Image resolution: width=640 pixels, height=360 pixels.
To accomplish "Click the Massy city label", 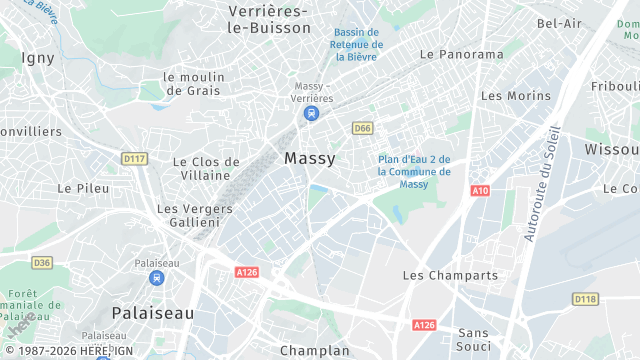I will point(310,158).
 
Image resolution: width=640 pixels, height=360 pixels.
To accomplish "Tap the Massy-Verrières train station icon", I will point(312,113).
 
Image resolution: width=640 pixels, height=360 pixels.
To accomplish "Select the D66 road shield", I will point(362,128).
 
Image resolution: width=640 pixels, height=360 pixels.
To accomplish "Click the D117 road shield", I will point(133,158).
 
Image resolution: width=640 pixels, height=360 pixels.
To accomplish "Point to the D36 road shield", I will point(41,263).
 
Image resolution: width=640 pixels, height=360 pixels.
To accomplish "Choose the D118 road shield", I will point(585,299).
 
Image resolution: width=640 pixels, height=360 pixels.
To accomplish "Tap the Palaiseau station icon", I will point(156,278).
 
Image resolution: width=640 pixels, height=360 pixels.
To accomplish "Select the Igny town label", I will point(38,58).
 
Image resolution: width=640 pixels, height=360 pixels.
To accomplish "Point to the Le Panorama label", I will point(461,54).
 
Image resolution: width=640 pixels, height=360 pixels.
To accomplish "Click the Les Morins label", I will point(515,96).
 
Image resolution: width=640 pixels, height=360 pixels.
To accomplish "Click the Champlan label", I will point(315,350).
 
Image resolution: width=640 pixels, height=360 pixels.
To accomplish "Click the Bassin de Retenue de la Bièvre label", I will point(358,44).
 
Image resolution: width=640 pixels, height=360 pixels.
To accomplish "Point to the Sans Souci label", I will point(474,339).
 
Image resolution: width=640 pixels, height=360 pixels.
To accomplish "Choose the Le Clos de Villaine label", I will point(206,168).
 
